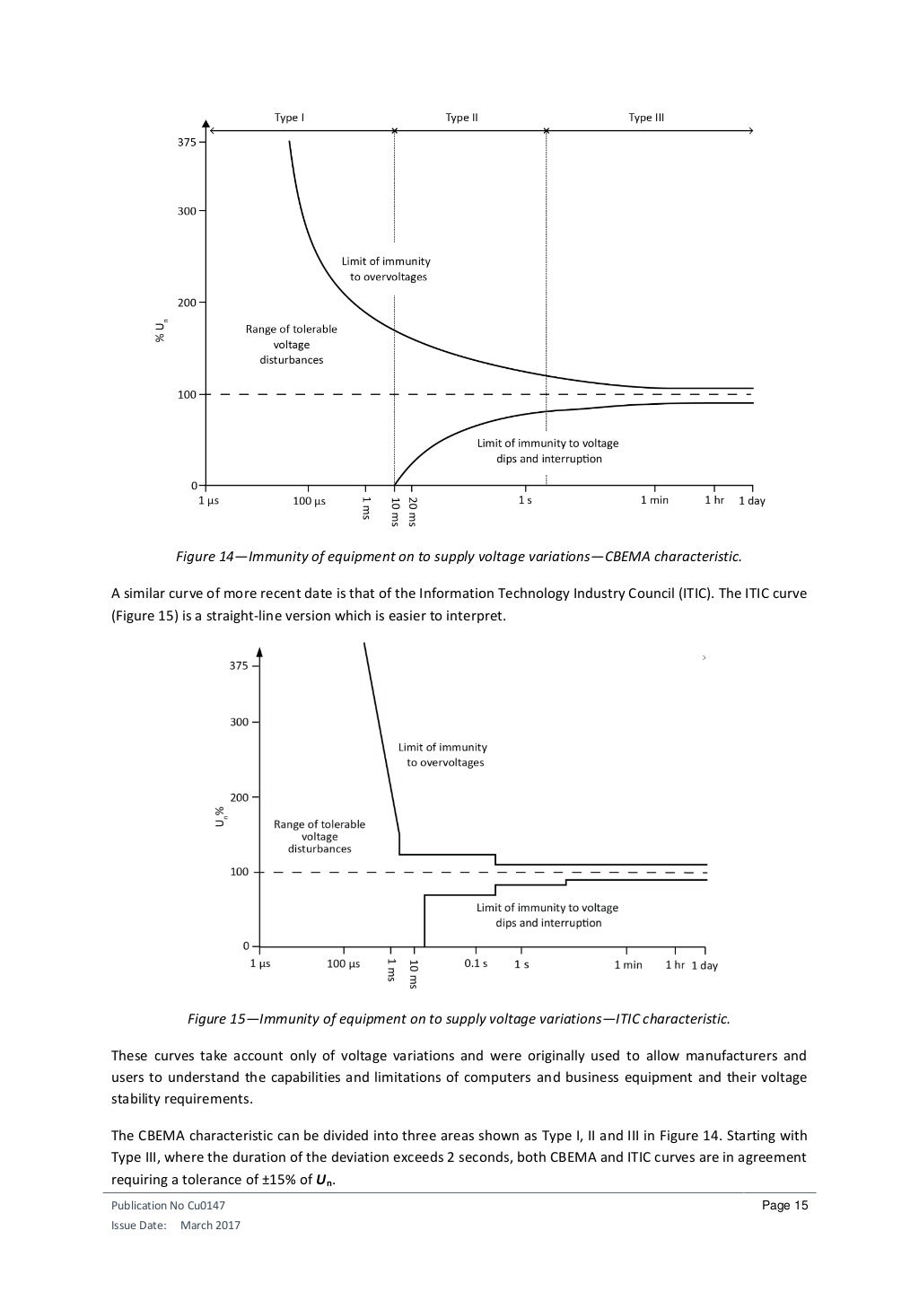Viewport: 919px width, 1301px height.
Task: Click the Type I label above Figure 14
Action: (x=289, y=118)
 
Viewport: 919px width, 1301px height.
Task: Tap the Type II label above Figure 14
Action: (x=461, y=118)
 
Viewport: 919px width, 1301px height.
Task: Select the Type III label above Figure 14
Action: (x=645, y=118)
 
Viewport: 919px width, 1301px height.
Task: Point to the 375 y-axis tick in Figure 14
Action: (x=186, y=142)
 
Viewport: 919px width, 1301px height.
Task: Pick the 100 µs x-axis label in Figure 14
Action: (x=309, y=501)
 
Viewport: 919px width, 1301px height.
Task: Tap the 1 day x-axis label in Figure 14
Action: (x=751, y=501)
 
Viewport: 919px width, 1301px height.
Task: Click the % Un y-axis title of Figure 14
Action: (x=161, y=330)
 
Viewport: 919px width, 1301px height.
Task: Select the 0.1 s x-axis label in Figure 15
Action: (x=476, y=963)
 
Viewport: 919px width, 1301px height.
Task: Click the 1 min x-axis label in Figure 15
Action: (x=627, y=964)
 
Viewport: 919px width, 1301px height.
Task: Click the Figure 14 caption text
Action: (x=459, y=557)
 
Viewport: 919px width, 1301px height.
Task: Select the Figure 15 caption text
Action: (x=459, y=1019)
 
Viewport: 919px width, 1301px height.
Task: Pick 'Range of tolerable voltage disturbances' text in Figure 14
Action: (x=291, y=344)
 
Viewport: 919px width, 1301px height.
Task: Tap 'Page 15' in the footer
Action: (x=784, y=1206)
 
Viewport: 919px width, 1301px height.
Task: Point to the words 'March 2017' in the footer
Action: (x=210, y=1226)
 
